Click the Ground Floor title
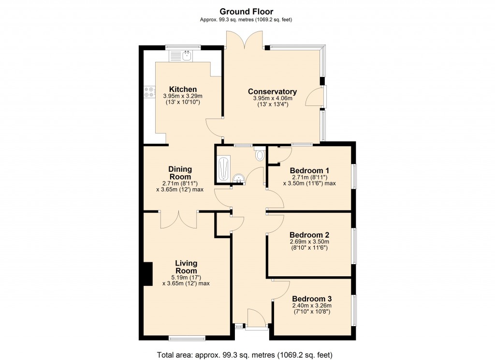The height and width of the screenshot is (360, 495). (246, 11)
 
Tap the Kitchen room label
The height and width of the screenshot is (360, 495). (183, 90)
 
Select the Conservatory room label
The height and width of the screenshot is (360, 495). (272, 91)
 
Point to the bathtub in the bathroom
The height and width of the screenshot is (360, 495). (223, 169)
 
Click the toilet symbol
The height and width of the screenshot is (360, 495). (260, 154)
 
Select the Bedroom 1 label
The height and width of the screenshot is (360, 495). (309, 170)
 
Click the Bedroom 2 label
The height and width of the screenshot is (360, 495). (309, 235)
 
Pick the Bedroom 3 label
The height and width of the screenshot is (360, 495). (312, 299)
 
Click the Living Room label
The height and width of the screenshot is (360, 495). (186, 267)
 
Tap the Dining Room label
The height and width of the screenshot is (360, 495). (180, 173)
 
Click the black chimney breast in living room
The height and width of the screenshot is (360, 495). (147, 274)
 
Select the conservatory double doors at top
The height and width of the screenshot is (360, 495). (245, 41)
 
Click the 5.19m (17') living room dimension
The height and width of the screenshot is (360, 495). (186, 277)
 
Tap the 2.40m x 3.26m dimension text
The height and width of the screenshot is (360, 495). (312, 306)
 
